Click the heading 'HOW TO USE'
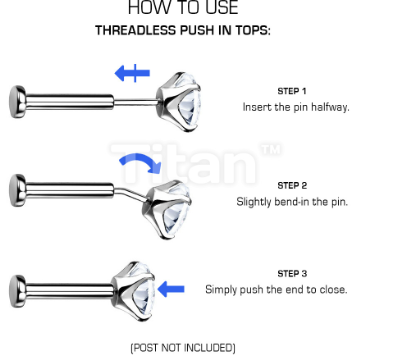click(183, 7)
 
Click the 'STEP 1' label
click(292, 91)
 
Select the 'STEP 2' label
click(292, 185)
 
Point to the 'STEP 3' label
click(292, 274)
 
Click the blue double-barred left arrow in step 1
click(132, 73)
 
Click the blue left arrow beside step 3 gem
click(171, 289)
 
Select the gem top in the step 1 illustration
click(179, 102)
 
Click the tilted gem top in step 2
click(167, 209)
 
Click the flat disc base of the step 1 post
click(18, 102)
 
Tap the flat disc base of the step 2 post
click(18, 190)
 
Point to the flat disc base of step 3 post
click(18, 291)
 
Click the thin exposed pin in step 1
click(135, 101)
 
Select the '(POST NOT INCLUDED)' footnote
click(183, 348)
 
